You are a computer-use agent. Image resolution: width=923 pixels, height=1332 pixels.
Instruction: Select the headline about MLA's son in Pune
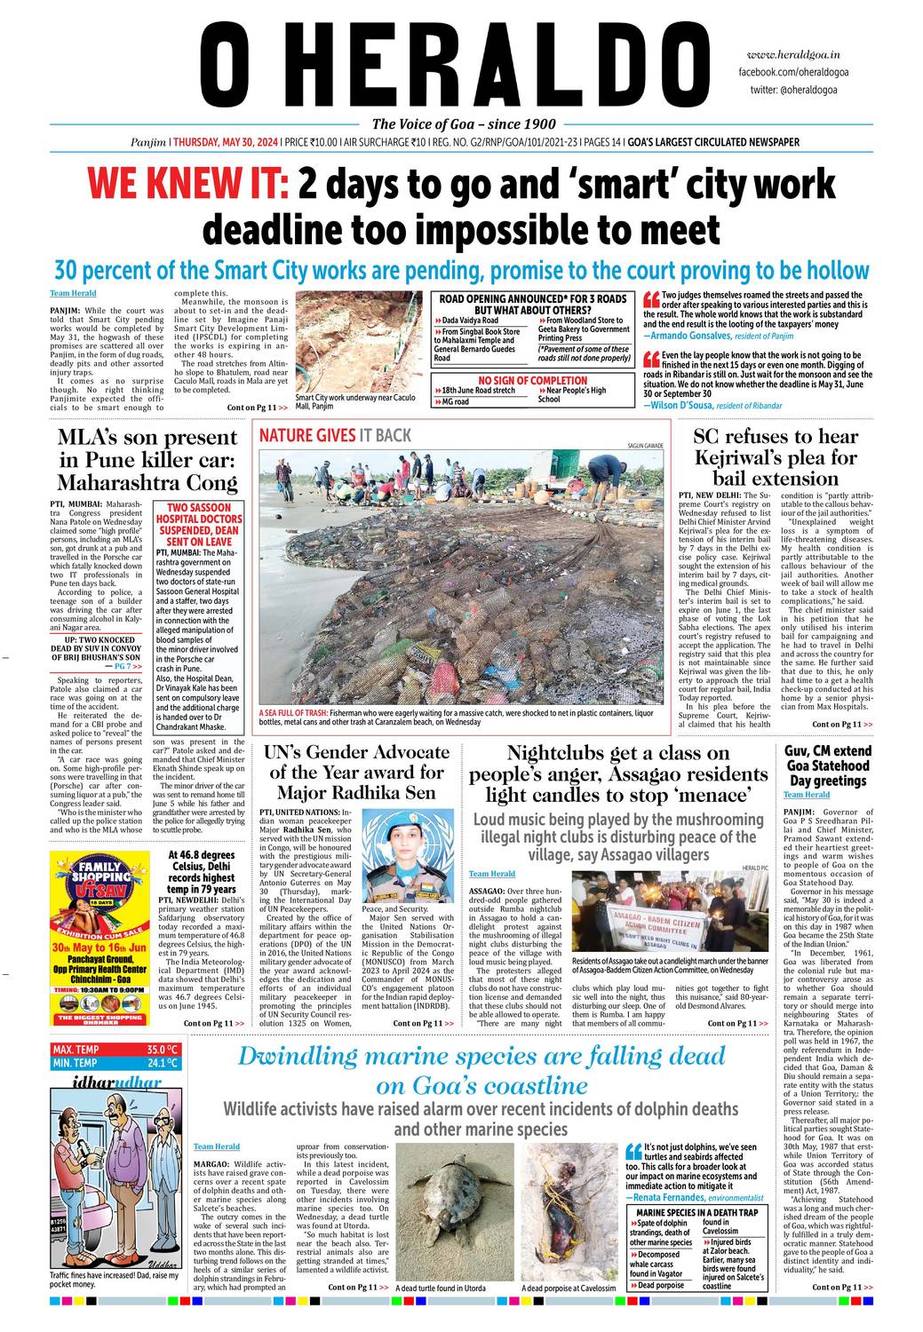(147, 459)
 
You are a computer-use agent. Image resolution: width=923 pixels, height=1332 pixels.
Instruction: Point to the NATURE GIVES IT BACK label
(335, 435)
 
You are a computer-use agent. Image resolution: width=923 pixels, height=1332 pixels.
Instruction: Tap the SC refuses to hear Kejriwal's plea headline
(775, 457)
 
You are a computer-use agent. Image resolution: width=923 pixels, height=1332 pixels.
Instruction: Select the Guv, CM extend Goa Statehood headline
(827, 765)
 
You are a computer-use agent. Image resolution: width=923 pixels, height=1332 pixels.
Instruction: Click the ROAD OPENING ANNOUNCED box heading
(533, 305)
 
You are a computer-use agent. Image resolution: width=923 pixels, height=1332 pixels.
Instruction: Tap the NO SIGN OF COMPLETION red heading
(533, 381)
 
